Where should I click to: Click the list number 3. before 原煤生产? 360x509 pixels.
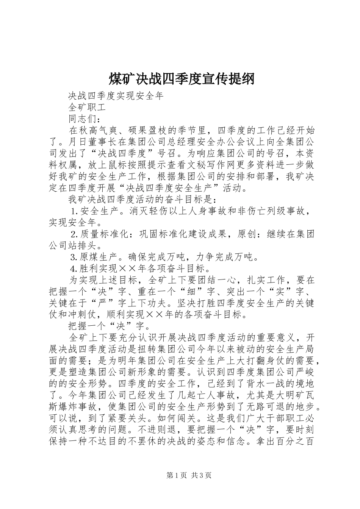coord(75,258)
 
